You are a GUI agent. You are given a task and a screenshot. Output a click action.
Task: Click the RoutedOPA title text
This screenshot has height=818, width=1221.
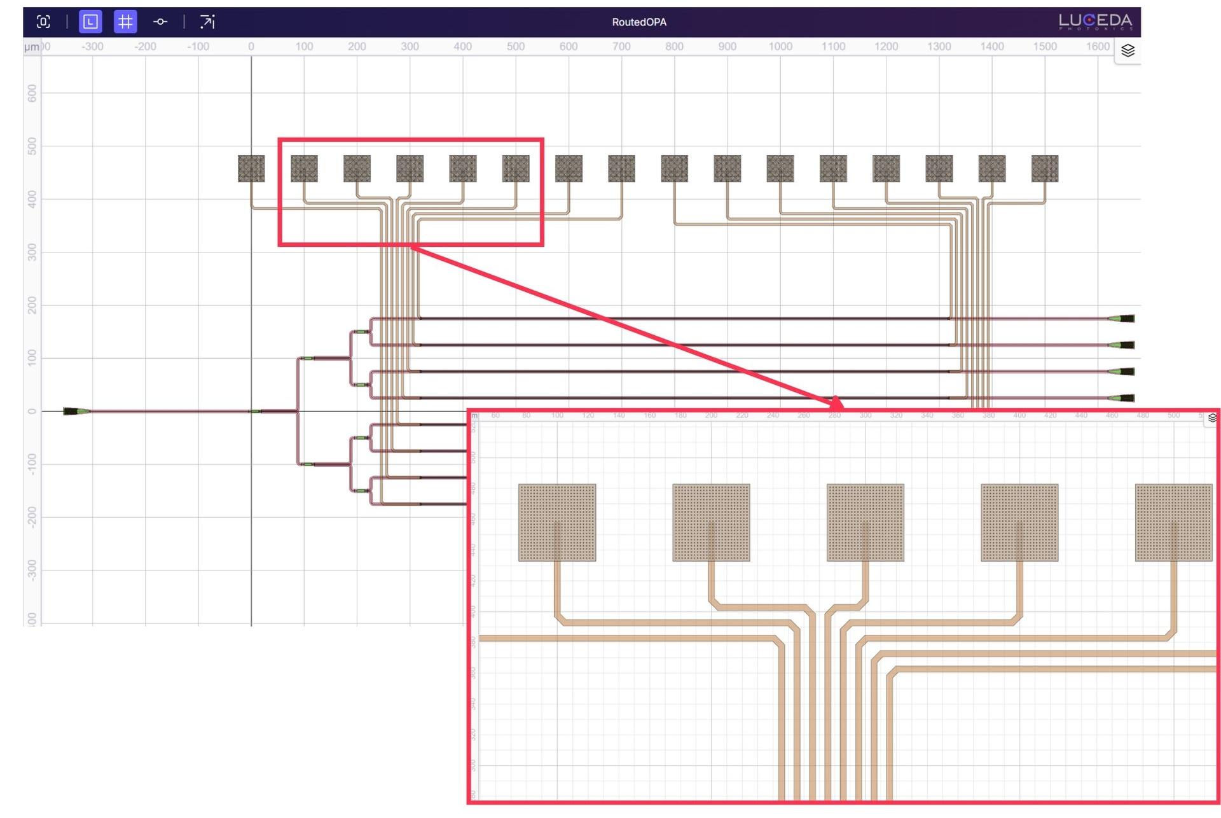coord(638,22)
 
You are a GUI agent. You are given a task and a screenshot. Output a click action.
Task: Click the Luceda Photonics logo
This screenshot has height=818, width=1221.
coord(1095,22)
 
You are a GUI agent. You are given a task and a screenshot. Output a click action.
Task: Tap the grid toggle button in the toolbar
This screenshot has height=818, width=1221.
coord(125,22)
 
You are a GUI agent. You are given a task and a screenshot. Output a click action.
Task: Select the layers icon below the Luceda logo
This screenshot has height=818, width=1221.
coord(1128,51)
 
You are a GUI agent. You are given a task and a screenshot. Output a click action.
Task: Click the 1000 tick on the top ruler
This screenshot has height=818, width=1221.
coord(780,46)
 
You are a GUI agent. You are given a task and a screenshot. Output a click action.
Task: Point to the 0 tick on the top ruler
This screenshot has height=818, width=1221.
coord(251,46)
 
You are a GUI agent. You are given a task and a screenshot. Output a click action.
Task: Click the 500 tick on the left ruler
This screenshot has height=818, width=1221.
coord(32,146)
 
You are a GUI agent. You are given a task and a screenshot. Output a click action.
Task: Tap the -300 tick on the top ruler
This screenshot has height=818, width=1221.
coord(92,46)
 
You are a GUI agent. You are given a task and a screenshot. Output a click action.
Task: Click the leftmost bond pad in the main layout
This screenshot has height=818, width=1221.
coord(251,169)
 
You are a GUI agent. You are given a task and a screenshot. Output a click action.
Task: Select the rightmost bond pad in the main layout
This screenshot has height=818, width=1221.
coord(1044,169)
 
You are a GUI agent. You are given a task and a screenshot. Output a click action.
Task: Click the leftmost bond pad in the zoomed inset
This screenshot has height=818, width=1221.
coord(557,522)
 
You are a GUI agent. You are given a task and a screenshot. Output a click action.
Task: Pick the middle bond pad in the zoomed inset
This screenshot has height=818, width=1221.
coord(865,522)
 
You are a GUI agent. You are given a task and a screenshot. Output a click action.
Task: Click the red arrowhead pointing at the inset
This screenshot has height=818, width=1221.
coord(837,403)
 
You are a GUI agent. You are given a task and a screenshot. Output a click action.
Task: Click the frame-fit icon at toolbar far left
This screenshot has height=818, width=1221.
coord(43,22)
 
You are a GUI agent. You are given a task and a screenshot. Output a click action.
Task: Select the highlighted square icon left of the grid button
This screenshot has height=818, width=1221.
coord(90,22)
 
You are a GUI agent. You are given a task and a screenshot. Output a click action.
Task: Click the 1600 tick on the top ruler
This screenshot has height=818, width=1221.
coord(1097,46)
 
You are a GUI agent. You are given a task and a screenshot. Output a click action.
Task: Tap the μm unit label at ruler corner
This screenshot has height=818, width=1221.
coord(31,47)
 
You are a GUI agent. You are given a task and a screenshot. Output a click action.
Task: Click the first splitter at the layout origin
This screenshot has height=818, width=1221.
coord(255,412)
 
